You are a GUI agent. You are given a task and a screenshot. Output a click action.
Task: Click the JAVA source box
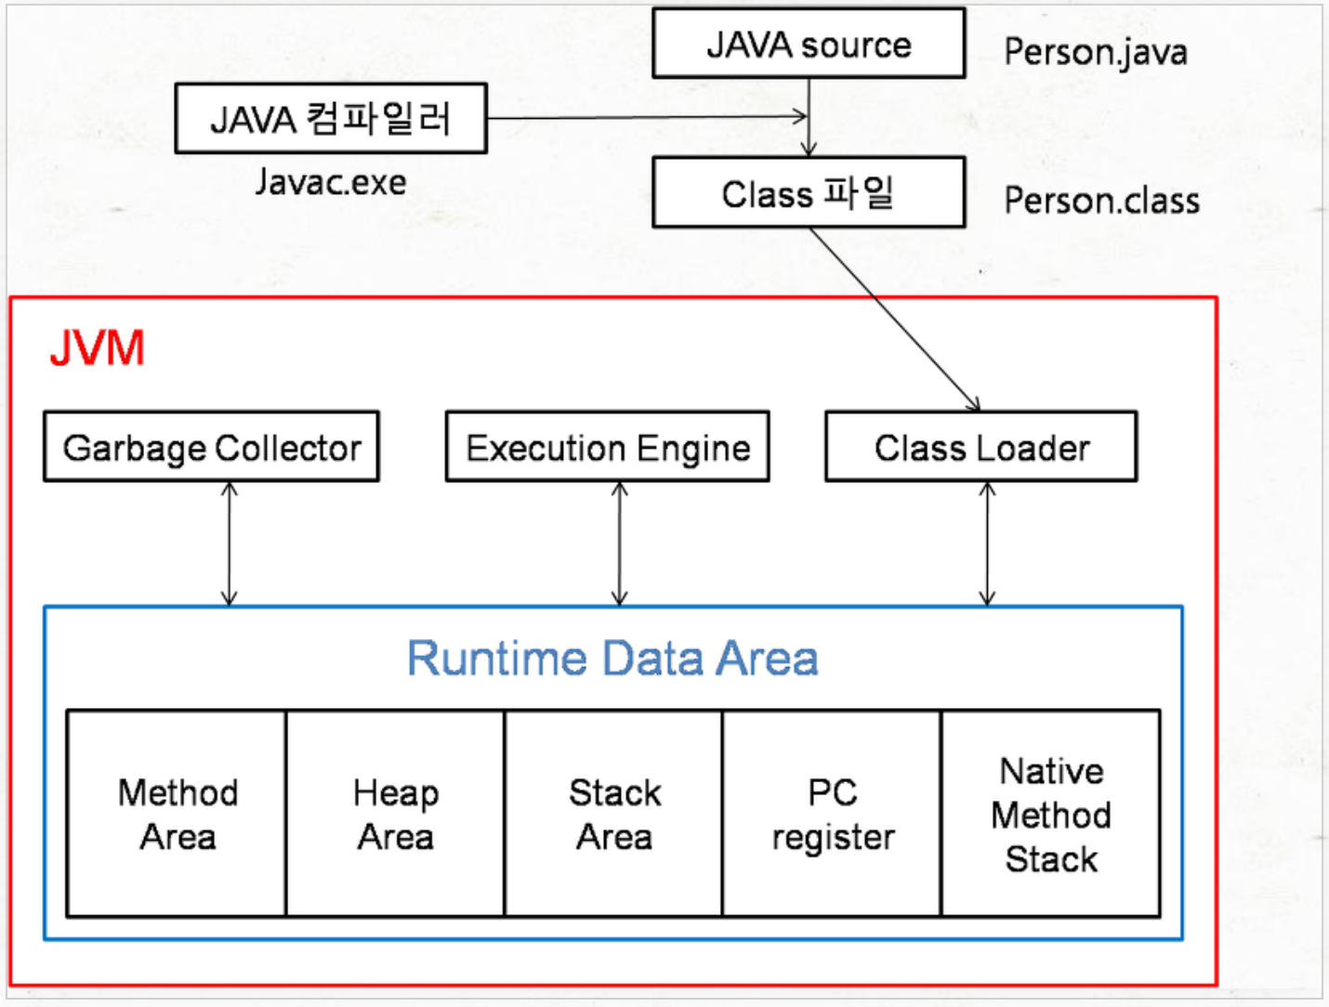point(809,44)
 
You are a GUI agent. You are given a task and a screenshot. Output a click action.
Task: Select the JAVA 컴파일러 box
point(331,119)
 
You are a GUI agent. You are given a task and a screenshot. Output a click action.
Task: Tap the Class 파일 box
point(809,193)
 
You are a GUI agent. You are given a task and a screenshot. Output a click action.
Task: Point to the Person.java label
point(1096,52)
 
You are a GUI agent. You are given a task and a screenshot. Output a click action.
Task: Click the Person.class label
point(1101,201)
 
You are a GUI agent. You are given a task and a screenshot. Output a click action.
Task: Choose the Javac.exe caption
point(331,182)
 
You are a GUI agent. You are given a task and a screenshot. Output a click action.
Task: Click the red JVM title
point(98,348)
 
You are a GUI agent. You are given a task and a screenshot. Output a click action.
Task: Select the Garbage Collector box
point(212,447)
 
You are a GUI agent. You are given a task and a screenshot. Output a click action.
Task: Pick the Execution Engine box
point(608,447)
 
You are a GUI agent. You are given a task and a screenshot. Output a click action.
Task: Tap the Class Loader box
point(981,447)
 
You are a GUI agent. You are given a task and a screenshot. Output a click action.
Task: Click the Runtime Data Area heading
point(612,659)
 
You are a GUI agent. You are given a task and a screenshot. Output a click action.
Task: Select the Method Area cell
point(177,815)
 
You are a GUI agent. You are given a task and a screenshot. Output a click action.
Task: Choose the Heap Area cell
point(396,815)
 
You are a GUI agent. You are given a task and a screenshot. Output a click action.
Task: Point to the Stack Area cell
point(614,815)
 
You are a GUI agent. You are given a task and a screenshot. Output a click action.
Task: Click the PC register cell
point(833,815)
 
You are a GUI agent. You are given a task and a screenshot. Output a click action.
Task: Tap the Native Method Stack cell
point(1051,815)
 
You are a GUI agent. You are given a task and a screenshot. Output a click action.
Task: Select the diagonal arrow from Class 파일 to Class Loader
point(894,318)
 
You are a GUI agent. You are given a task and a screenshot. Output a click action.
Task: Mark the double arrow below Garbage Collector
point(230,544)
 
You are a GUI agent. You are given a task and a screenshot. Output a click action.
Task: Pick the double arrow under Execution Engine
point(620,544)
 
